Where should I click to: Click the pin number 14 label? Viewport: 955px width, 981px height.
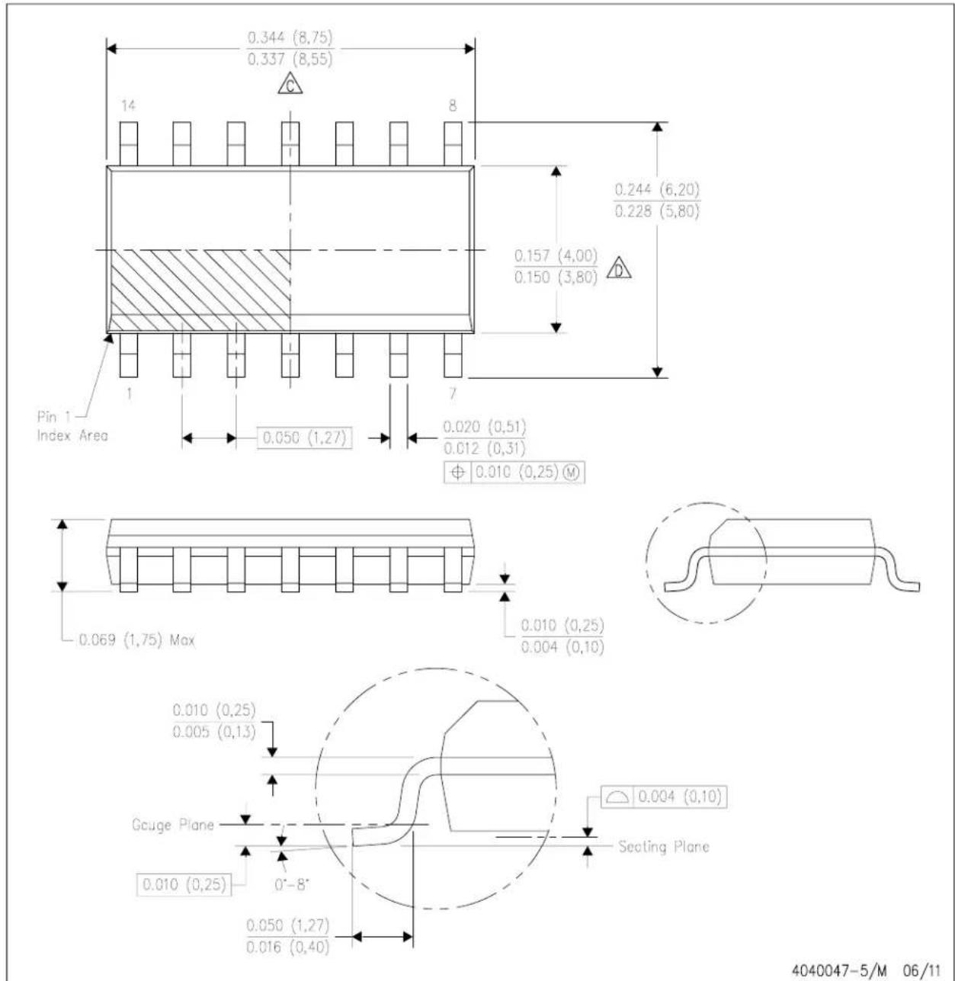coord(128,106)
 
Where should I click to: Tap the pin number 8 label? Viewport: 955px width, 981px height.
coord(453,106)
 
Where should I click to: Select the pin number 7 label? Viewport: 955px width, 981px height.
coord(453,393)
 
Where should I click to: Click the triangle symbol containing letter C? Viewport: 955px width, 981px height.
coord(290,84)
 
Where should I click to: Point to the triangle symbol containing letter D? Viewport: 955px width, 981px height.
coord(619,268)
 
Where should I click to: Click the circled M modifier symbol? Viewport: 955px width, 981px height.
coord(572,473)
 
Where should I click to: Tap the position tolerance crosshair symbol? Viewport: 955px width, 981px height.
coord(457,473)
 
